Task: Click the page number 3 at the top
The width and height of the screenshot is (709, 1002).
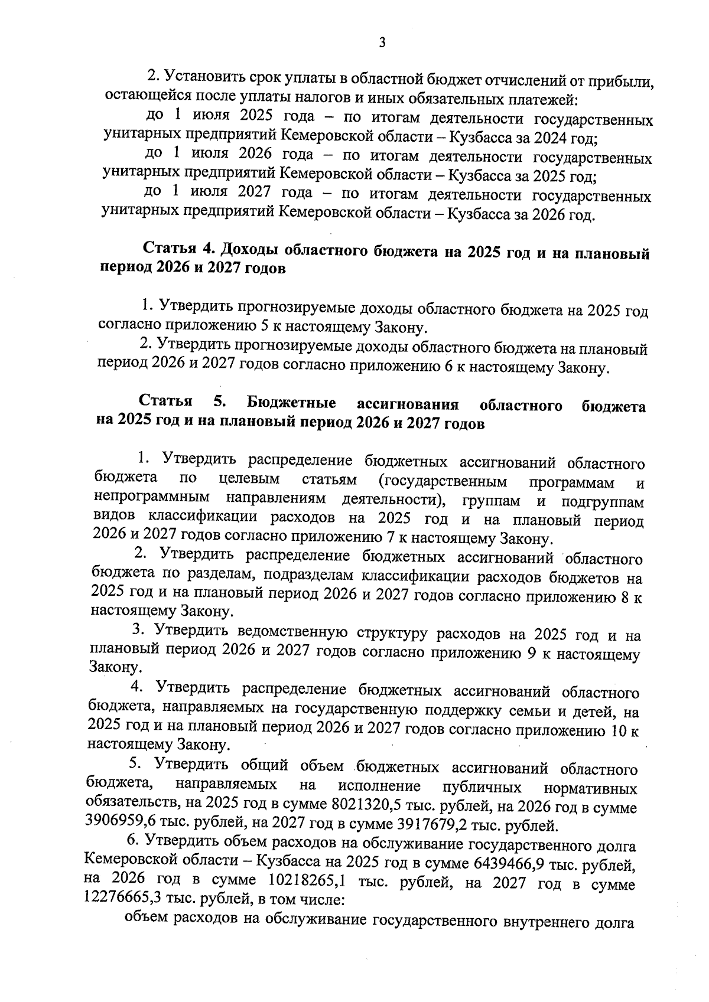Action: pyautogui.click(x=382, y=43)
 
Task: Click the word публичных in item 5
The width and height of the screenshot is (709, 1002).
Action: pyautogui.click(x=481, y=787)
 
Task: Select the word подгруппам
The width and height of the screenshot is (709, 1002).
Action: pyautogui.click(x=603, y=501)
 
